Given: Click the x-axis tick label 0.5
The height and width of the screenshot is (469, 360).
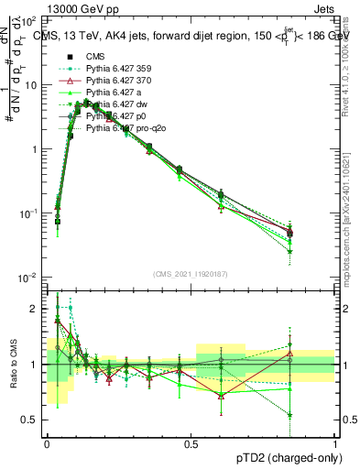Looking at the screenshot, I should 191,442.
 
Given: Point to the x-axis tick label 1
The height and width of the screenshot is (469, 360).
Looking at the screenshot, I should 335,442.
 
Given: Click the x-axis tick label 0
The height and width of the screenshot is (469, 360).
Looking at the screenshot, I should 47,442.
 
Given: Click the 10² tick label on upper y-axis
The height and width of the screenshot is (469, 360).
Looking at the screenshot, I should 30,20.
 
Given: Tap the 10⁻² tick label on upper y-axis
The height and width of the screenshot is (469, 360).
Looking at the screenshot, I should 30,278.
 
